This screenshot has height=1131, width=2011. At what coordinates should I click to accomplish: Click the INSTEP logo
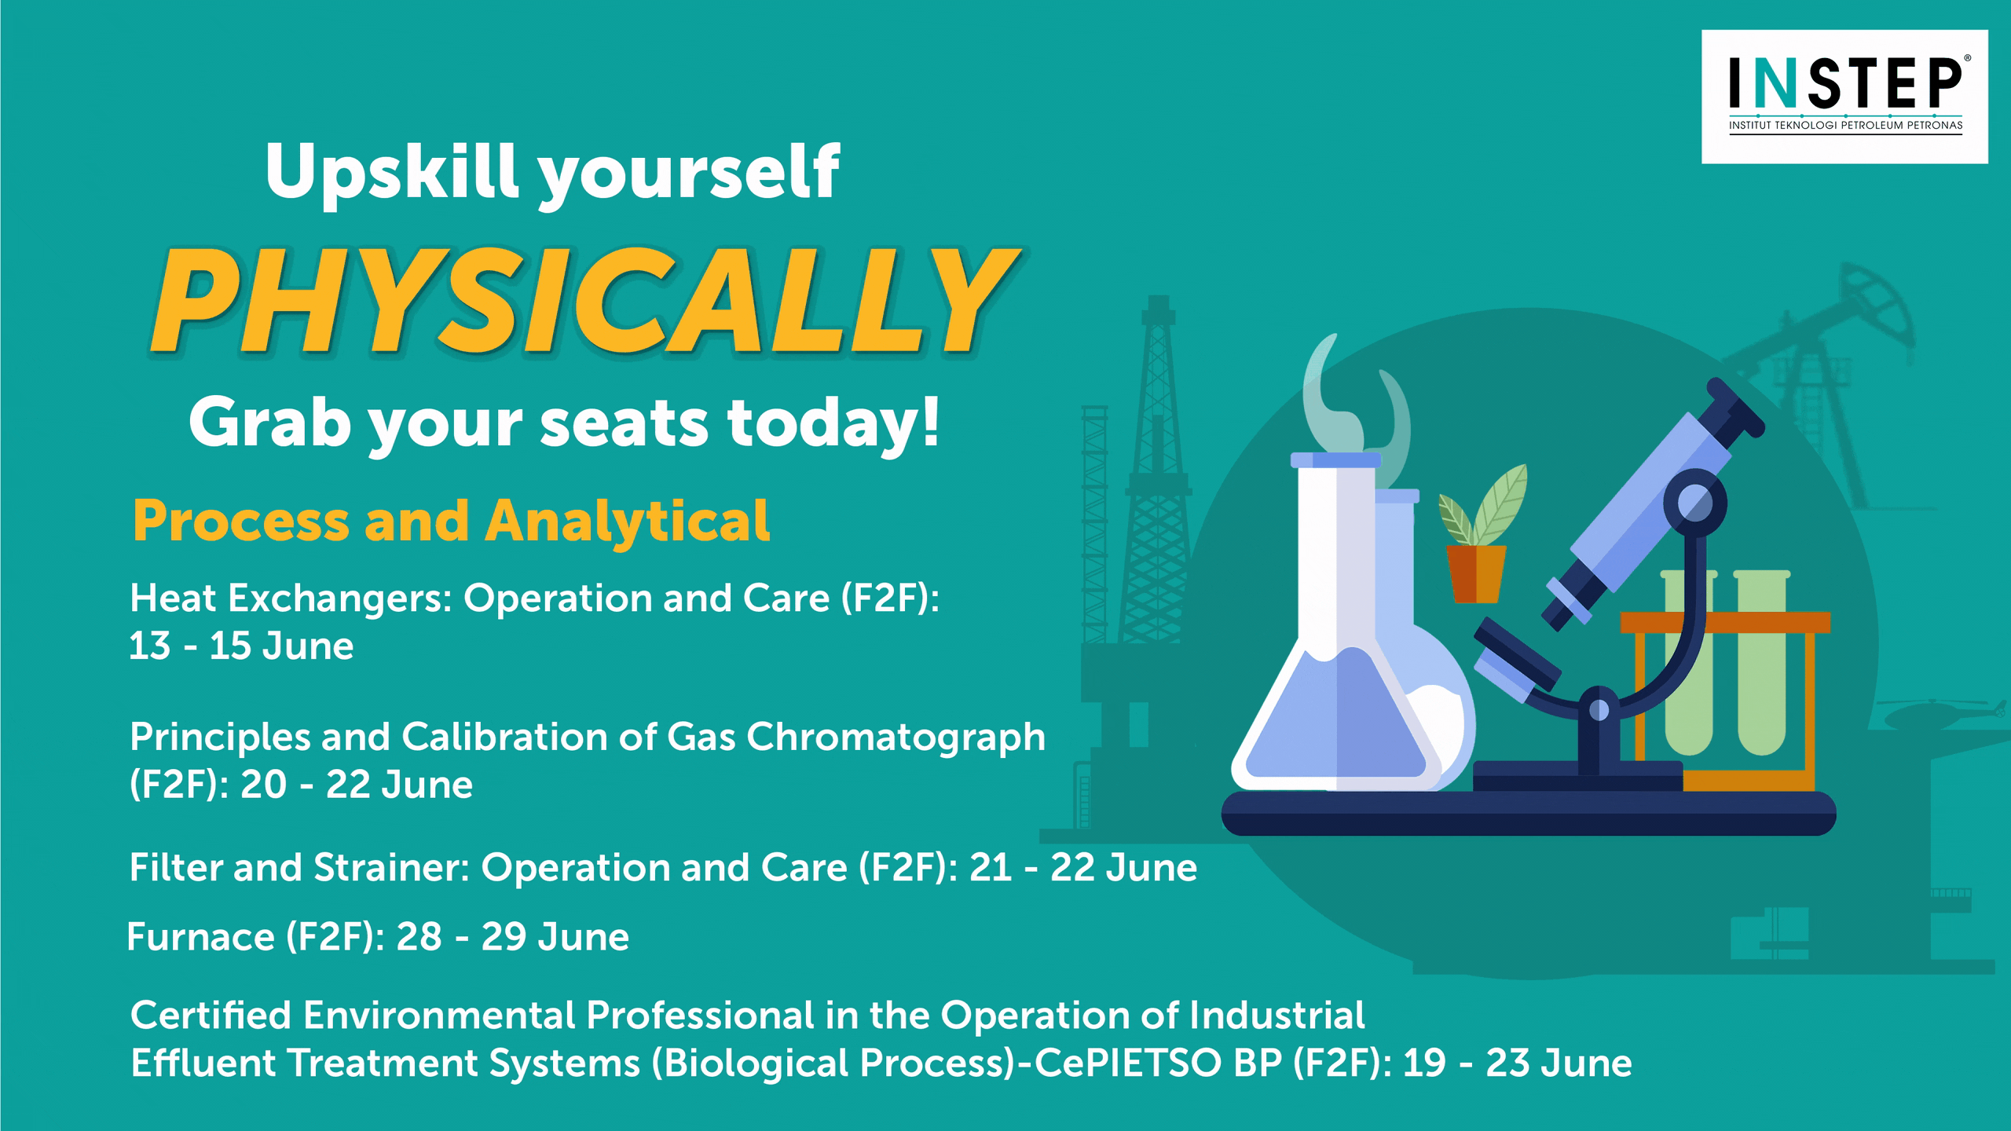pos(1844,97)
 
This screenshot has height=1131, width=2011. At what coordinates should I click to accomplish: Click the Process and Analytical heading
pos(451,521)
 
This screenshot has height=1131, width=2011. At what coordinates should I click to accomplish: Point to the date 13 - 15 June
pos(241,646)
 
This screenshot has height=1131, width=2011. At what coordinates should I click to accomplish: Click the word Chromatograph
pos(896,738)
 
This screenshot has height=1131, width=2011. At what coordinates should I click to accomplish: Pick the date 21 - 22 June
pos(1083,868)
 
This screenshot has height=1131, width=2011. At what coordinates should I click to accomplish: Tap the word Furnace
pos(200,937)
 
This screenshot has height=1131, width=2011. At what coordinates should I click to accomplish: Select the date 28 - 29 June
pos(512,937)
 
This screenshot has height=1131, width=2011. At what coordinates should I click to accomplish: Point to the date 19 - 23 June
pos(1518,1063)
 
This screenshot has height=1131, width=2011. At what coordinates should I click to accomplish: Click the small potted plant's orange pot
pos(1477,574)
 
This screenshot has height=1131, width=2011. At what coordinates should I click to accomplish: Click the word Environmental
pos(439,1016)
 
